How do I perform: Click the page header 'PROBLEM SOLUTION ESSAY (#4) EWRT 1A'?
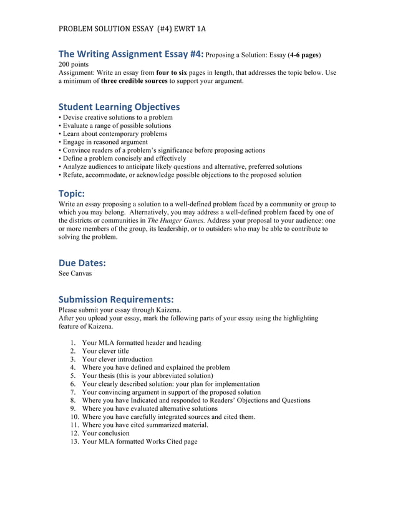coord(132,29)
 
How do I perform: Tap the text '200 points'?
coord(73,64)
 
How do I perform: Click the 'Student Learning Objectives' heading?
coord(119,107)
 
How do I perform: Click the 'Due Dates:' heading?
coord(82,262)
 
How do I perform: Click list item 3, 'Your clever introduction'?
coord(117,359)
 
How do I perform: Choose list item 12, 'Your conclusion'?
coord(105,433)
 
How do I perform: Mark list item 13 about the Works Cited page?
coord(139,441)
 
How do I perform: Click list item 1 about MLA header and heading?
coord(142,343)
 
